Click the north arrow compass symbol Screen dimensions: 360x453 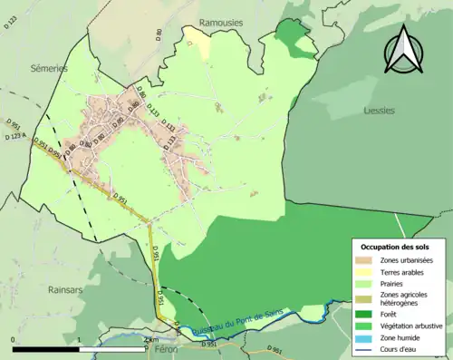(x=406, y=51)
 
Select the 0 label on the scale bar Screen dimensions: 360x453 (x=14, y=339)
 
